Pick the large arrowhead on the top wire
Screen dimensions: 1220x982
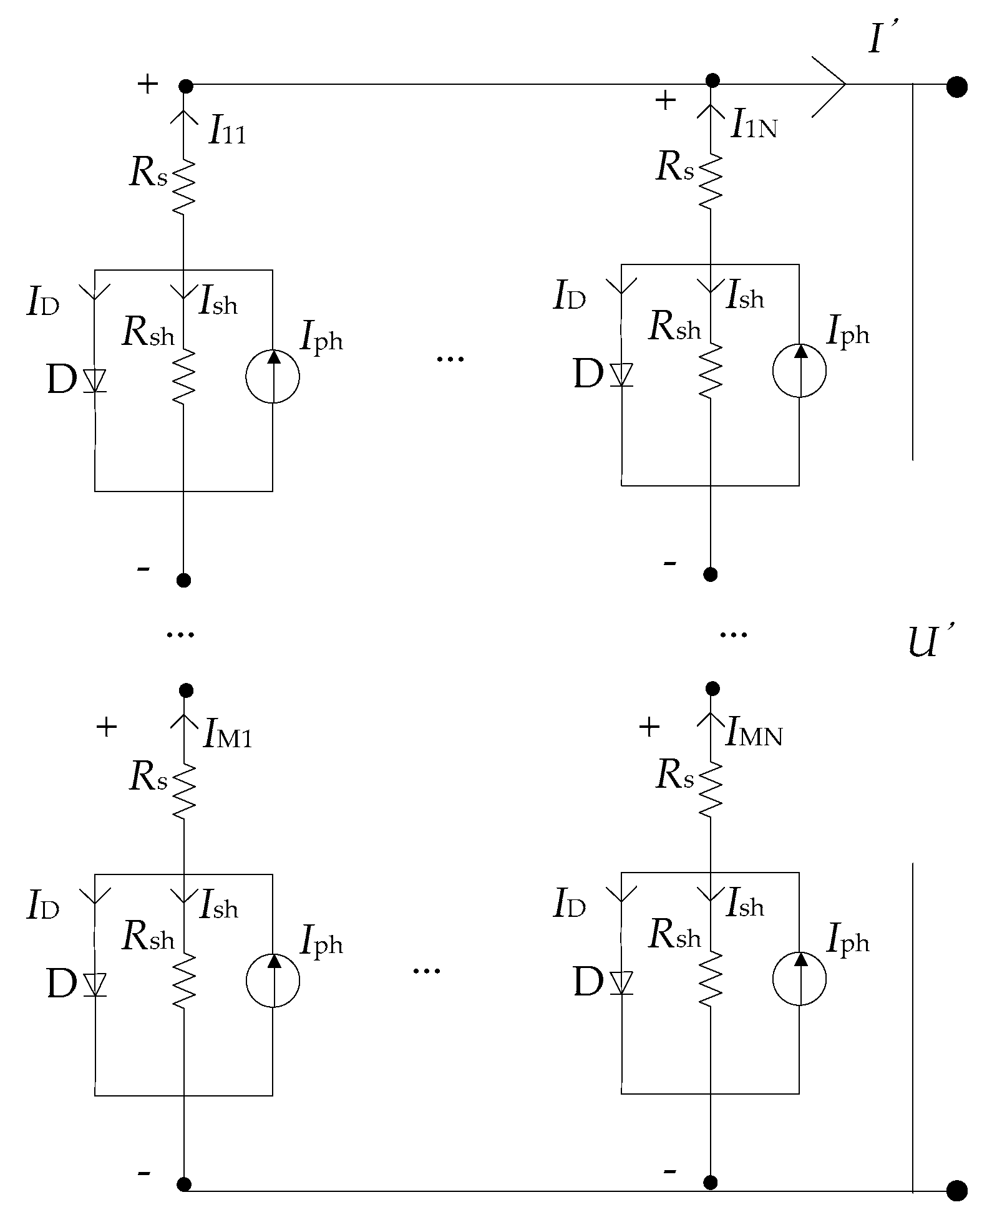pos(833,85)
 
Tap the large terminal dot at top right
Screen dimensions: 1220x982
pos(956,87)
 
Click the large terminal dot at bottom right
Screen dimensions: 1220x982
pos(956,1191)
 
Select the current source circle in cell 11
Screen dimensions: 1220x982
pos(273,376)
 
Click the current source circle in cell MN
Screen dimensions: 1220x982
pos(799,979)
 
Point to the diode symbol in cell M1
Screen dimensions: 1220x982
pos(95,985)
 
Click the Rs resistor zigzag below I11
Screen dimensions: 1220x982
pos(183,185)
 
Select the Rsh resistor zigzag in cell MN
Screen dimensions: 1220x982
pos(710,978)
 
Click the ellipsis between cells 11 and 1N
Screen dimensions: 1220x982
pos(450,358)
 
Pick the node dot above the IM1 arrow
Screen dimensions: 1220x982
pos(185,690)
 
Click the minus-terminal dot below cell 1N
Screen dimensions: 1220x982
pos(710,574)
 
